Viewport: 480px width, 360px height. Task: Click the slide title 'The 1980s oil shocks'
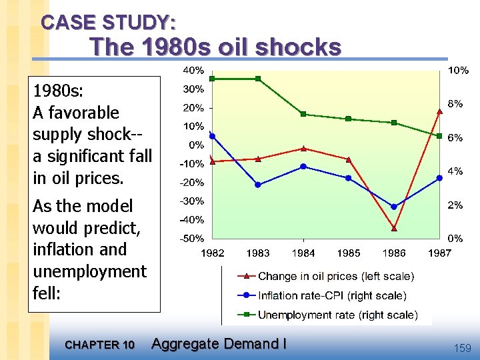click(x=215, y=47)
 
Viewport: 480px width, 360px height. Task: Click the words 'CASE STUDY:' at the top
click(x=109, y=23)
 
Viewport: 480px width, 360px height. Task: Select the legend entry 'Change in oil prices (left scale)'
click(x=335, y=276)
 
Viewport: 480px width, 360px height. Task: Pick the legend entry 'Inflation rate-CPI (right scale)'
click(x=331, y=295)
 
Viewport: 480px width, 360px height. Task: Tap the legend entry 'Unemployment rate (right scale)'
click(x=337, y=315)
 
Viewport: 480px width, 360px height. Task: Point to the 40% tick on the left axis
click(x=193, y=71)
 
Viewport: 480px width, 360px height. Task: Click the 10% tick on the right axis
click(x=457, y=71)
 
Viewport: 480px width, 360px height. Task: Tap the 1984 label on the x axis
click(x=303, y=253)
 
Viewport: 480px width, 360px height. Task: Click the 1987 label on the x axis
click(x=439, y=253)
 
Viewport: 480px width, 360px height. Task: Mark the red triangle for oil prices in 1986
click(x=394, y=228)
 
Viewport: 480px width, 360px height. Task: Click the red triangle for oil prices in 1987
click(x=439, y=111)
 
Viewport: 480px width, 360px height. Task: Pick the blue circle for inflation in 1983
click(x=258, y=185)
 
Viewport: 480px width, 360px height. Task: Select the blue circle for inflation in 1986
click(x=394, y=207)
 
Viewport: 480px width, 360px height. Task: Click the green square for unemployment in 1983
click(x=258, y=79)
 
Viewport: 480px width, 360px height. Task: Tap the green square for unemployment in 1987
click(x=439, y=136)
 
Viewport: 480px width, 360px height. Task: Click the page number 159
click(x=461, y=348)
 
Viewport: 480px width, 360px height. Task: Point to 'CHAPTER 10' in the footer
click(x=100, y=345)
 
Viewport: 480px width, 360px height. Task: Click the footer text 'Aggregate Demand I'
click(x=219, y=344)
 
